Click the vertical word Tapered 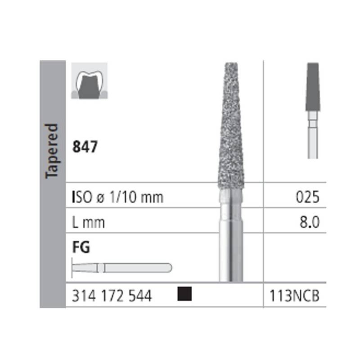51,151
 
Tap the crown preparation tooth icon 89,81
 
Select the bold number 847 85,147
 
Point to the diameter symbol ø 100,198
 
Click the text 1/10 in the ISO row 123,197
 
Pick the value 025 308,197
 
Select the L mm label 88,222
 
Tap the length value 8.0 310,222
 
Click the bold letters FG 81,247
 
